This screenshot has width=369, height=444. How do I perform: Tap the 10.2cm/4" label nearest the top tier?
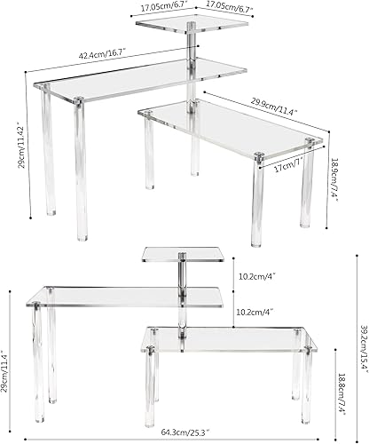click(257, 275)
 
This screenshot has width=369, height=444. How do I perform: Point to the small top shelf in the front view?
click(181, 256)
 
